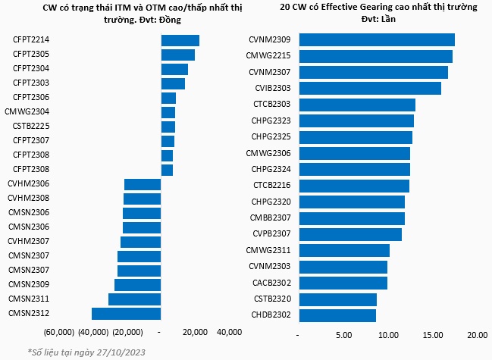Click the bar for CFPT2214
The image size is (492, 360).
pos(180,41)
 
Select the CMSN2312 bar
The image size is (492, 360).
pos(126,314)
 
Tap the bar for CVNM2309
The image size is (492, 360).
pos(377,40)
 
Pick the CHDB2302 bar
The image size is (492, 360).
pos(337,315)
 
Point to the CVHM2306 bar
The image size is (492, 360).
pos(143,184)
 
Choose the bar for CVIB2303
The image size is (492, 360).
pos(370,88)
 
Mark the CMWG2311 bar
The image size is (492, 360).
pos(344,251)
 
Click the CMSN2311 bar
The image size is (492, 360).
pos(135,299)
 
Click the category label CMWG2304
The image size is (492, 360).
pos(27,111)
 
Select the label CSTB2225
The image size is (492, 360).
pos(31,126)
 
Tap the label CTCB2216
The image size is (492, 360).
pos(272,186)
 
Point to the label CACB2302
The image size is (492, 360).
pos(271,283)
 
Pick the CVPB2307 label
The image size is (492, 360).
pos(271,234)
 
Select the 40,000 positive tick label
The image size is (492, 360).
pos(230,332)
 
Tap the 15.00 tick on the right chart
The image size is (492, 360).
pos(433,335)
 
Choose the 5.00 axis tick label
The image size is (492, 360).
pos(344,335)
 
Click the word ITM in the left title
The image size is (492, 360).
pos(131,8)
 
